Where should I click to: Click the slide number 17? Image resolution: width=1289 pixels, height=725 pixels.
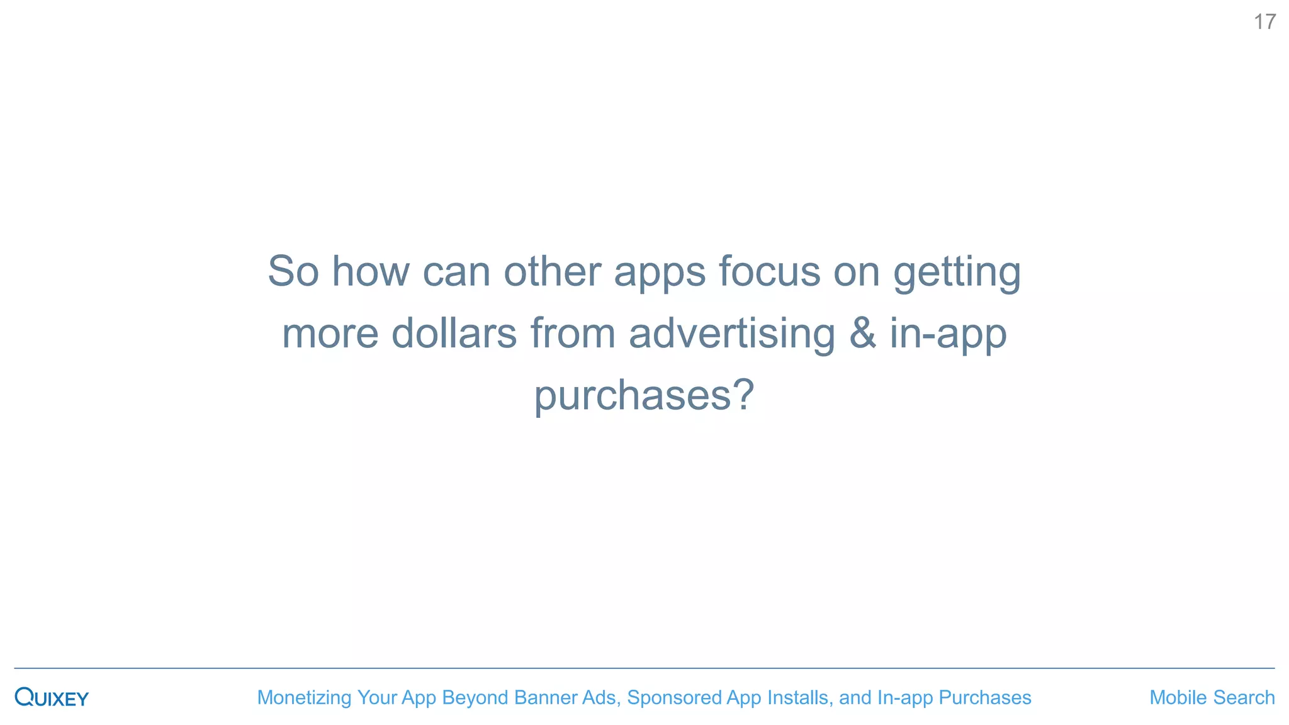coord(1264,22)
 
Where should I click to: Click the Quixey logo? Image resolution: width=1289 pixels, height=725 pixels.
coord(52,697)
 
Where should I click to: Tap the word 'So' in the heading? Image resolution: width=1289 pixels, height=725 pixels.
coord(293,271)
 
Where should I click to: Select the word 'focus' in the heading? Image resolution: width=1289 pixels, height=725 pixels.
coord(769,271)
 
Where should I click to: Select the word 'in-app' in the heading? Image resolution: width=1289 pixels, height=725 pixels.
coord(948,334)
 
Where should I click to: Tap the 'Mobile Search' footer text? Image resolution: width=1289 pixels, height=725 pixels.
coord(1212,697)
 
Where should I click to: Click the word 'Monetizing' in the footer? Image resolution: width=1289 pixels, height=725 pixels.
coord(304,697)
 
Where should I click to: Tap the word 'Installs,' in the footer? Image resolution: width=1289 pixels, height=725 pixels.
coord(800,697)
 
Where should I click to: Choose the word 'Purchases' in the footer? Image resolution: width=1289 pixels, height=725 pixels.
coord(984,697)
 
